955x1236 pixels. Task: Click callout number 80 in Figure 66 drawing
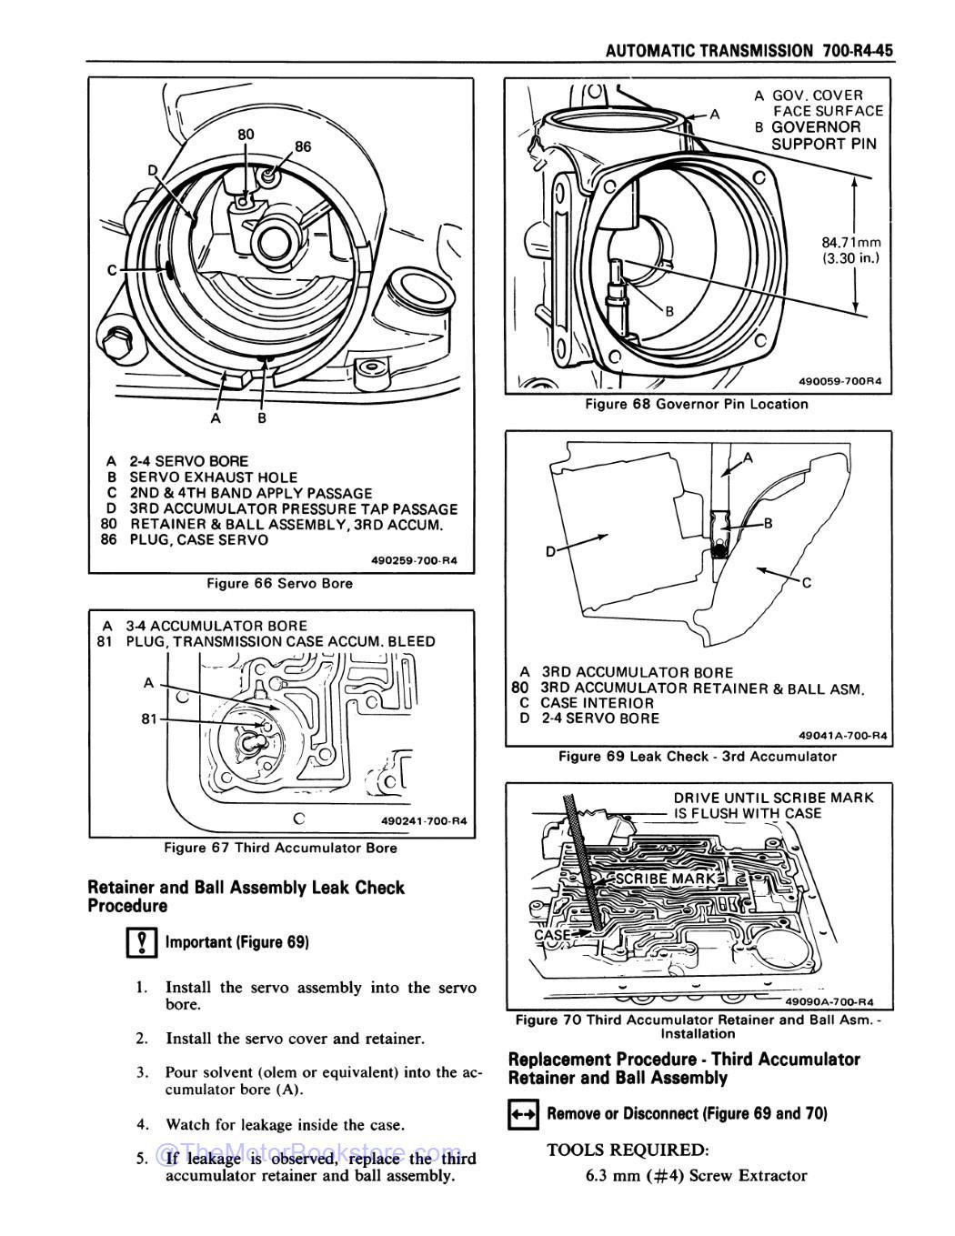(246, 135)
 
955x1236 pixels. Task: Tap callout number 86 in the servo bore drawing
(302, 146)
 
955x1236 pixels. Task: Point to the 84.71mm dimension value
(851, 243)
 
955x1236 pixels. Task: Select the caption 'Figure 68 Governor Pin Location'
(696, 404)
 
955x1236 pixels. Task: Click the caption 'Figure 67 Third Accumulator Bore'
(280, 848)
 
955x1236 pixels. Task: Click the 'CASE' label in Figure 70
(551, 934)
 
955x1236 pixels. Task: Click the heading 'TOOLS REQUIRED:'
(628, 1150)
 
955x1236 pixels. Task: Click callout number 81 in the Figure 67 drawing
(148, 719)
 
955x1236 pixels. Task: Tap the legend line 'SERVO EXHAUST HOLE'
(213, 477)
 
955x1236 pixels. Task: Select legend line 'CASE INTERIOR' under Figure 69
(597, 703)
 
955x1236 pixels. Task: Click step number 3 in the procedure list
(143, 1073)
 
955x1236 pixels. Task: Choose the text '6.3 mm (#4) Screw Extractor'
(696, 1176)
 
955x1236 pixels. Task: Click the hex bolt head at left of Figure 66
(116, 344)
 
